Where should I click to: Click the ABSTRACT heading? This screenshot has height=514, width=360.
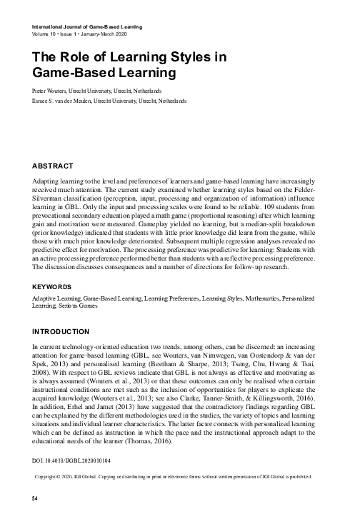point(56,165)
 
